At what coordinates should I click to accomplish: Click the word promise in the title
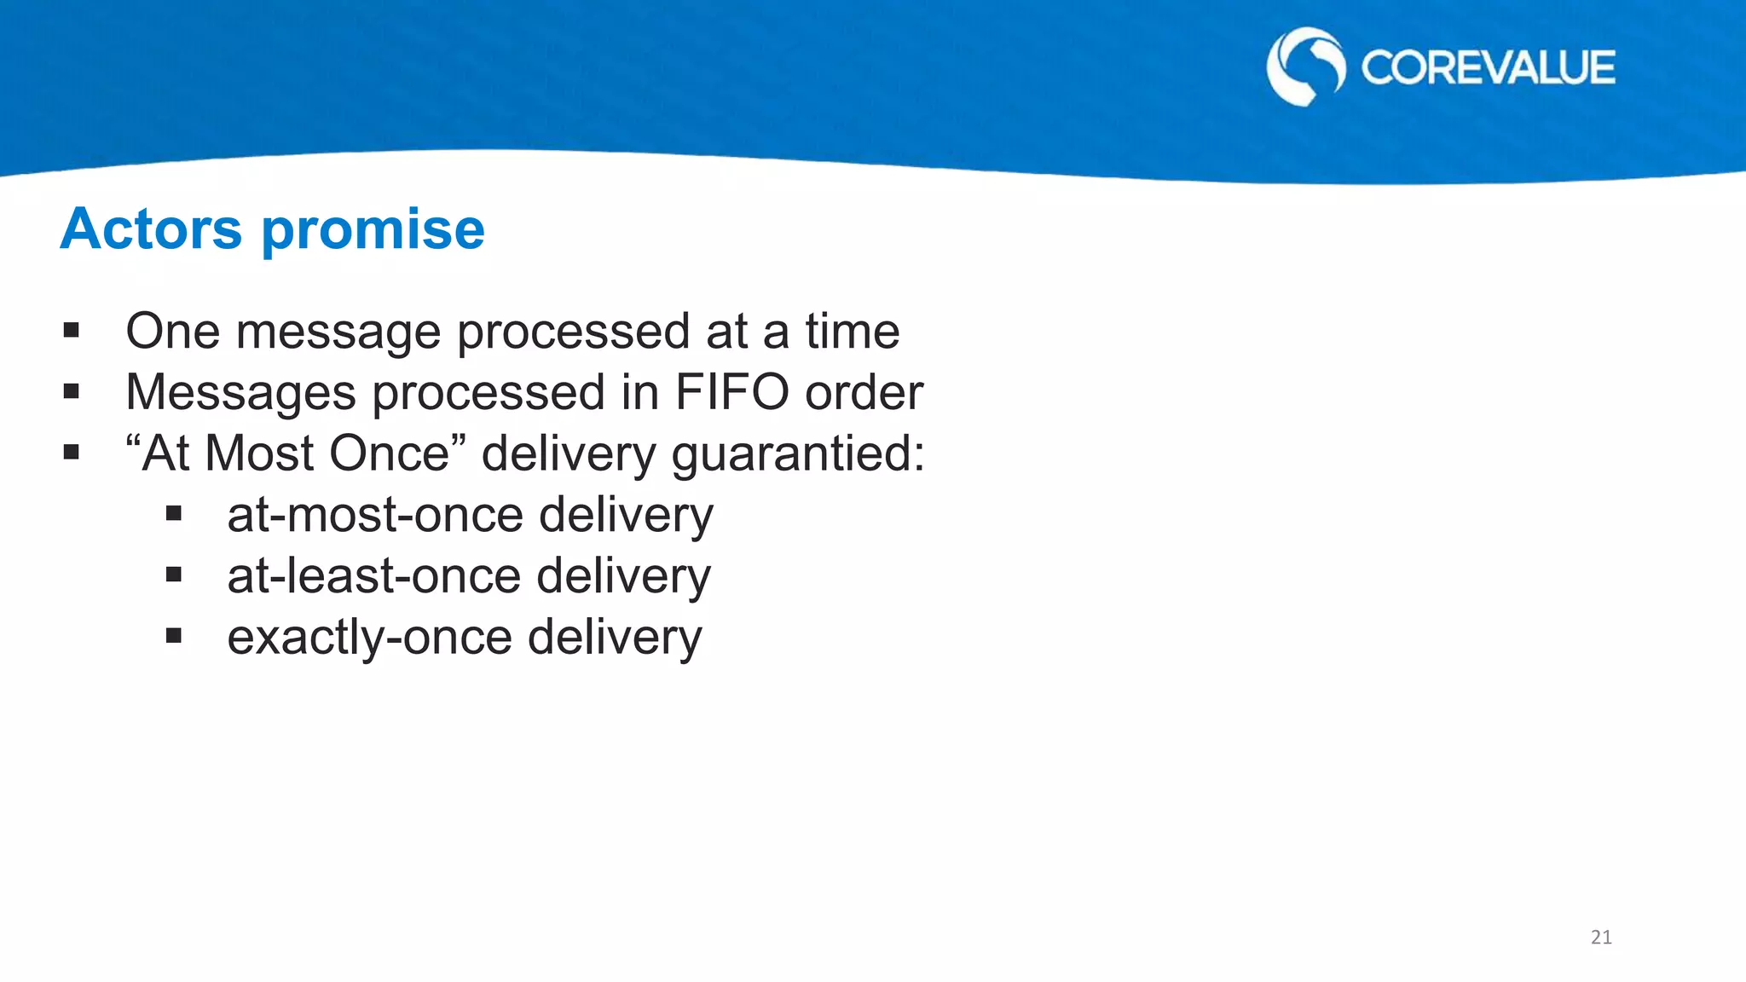click(x=373, y=231)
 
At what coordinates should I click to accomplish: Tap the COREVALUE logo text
click(x=1487, y=68)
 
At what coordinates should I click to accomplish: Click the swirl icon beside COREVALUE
click(x=1305, y=66)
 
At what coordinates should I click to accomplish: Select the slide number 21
click(x=1601, y=938)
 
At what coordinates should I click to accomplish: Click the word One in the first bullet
click(x=173, y=332)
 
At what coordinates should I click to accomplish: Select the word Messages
click(x=240, y=393)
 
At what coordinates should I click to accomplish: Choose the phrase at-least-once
click(x=373, y=577)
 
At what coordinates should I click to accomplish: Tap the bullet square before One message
click(x=72, y=330)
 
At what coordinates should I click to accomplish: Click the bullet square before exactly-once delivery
click(x=174, y=636)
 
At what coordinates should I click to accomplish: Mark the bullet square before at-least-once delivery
click(x=174, y=575)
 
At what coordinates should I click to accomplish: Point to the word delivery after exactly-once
click(x=615, y=638)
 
